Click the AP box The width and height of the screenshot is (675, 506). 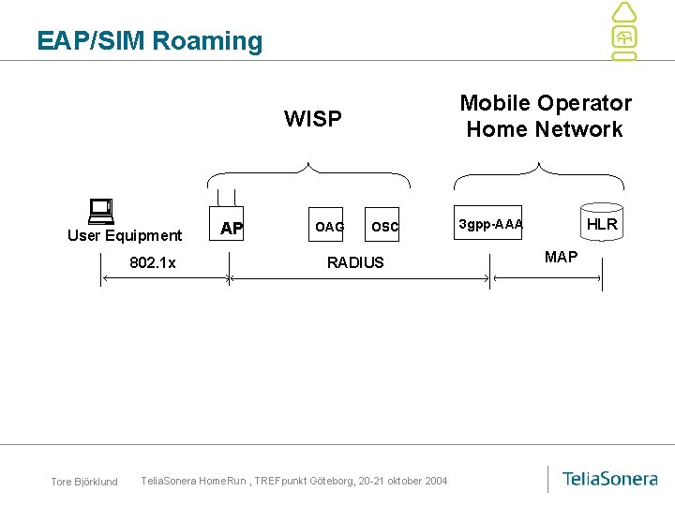coord(227,223)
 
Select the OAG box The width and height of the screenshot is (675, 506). coord(326,224)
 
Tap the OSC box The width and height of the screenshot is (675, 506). coord(382,224)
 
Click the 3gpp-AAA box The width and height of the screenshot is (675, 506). coord(487,222)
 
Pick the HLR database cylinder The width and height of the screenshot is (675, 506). coord(602,222)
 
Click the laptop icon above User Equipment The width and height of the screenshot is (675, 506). coord(101,211)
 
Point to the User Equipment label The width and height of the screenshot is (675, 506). coord(125,235)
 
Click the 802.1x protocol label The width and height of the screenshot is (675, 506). coord(153,262)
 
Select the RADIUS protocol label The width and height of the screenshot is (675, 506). coord(355,262)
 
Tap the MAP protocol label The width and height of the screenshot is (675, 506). coord(561,257)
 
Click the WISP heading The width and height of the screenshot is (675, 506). coord(313,118)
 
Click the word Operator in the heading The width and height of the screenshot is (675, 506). coord(585,103)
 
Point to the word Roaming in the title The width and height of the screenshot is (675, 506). coord(207,41)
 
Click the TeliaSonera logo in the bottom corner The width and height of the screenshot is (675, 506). coord(609,479)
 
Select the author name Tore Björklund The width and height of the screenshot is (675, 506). coord(84,482)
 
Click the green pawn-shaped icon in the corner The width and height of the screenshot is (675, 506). coord(624,32)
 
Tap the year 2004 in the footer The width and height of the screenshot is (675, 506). coord(436,481)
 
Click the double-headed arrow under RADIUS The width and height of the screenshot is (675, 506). coord(359,279)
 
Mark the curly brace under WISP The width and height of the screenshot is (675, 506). coord(308,171)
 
